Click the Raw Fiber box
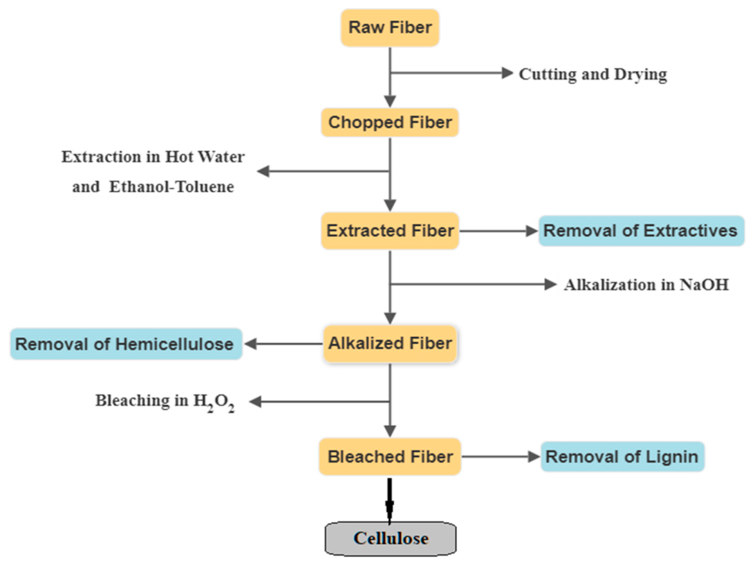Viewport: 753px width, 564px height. pyautogui.click(x=390, y=28)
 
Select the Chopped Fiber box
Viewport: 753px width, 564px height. pyautogui.click(x=390, y=123)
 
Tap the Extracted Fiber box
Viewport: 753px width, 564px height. pyautogui.click(x=390, y=231)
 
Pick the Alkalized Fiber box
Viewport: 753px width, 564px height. pyautogui.click(x=390, y=343)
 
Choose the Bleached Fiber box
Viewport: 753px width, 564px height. pyautogui.click(x=390, y=457)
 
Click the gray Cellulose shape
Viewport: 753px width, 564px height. pyautogui.click(x=390, y=539)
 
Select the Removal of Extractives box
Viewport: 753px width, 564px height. pyautogui.click(x=641, y=231)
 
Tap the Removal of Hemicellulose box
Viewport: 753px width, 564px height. pyautogui.click(x=125, y=344)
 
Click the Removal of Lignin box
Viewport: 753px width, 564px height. pyautogui.click(x=622, y=457)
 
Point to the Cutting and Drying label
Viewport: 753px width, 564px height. pyautogui.click(x=593, y=74)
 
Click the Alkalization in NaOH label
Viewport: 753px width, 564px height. pyautogui.click(x=646, y=285)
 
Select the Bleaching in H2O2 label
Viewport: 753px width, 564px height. pyautogui.click(x=165, y=401)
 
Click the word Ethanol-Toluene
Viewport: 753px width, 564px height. pyautogui.click(x=171, y=187)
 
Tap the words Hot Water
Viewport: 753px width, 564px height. pyautogui.click(x=205, y=157)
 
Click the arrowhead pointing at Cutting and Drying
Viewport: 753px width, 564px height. pyautogui.click(x=508, y=73)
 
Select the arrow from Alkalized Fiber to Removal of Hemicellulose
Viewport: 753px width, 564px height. pyautogui.click(x=284, y=344)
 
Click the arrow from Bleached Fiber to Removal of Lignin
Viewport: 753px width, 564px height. pyautogui.click(x=500, y=457)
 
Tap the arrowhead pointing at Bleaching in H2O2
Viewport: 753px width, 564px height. pyautogui.click(x=256, y=402)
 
